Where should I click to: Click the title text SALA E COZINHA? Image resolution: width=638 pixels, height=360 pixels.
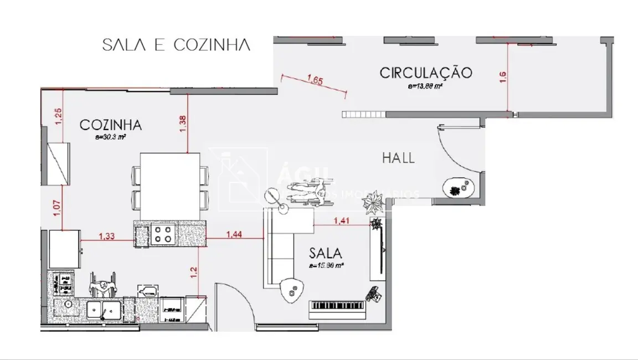[x=176, y=45]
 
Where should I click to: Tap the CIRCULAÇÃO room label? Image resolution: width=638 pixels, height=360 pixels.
[x=425, y=73]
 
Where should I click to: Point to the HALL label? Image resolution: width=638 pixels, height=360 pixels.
[x=398, y=158]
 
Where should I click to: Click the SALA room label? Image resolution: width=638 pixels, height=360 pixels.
[x=326, y=254]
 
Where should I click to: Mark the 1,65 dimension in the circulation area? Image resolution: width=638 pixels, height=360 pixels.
[x=315, y=80]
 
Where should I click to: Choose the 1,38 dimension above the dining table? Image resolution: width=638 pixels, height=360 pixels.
[x=182, y=123]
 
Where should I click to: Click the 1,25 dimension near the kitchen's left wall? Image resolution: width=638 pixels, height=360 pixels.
[x=58, y=117]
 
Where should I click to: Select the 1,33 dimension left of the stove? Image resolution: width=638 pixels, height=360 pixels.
[x=107, y=236]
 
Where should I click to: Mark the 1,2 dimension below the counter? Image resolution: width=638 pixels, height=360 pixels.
[x=194, y=271]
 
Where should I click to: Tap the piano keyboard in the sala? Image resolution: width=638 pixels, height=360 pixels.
[x=337, y=306]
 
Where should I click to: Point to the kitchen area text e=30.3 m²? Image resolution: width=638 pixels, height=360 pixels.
[x=111, y=136]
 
